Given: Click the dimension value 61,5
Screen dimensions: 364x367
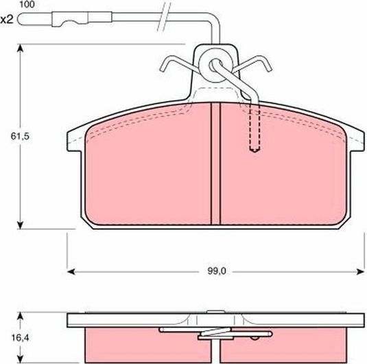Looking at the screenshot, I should (10, 137).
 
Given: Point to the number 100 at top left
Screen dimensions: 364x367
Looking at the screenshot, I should (25, 5).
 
